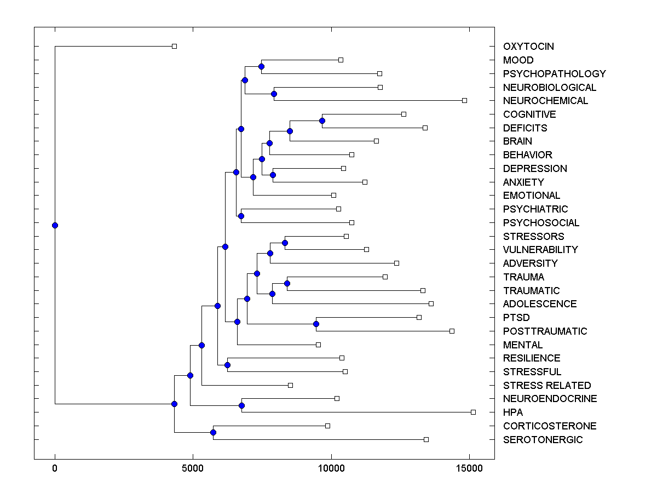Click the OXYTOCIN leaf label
528,47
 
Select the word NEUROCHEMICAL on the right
545,101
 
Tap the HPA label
513,412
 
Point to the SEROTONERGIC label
543,440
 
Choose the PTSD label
516,318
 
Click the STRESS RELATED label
547,386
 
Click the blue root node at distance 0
55,225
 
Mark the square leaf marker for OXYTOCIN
174,47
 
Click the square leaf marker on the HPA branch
473,412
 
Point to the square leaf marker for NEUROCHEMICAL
464,100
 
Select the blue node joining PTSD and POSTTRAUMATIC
316,324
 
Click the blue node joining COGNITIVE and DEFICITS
322,121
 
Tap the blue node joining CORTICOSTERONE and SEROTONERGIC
213,433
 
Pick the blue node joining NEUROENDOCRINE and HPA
241,405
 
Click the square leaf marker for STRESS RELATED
290,385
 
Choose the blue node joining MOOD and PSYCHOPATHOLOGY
261,66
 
